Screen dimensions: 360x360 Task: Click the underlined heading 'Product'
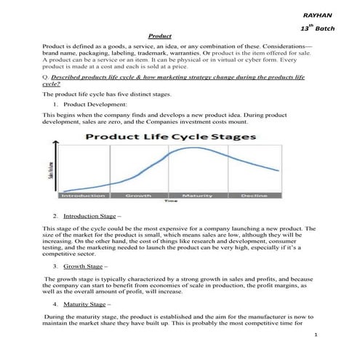[159, 36]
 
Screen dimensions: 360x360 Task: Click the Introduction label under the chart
[83, 196]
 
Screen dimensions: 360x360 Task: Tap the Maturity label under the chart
[197, 196]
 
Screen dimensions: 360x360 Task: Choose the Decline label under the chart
[254, 196]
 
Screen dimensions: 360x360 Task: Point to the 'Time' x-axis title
[171, 202]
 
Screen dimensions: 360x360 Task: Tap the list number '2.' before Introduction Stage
[55, 216]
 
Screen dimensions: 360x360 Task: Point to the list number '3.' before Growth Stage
[55, 266]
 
